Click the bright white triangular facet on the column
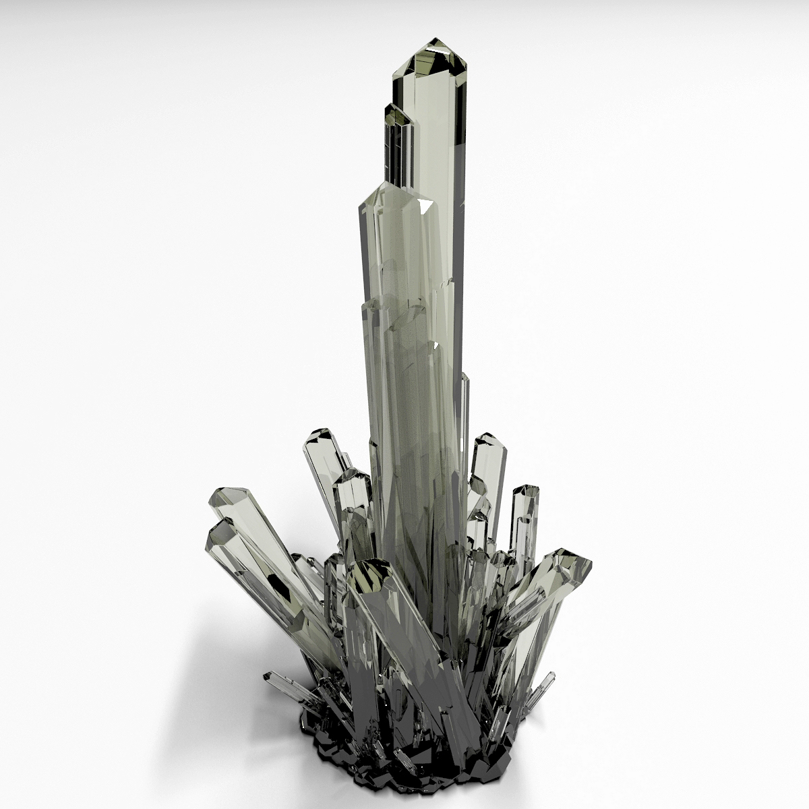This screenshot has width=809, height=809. [426, 206]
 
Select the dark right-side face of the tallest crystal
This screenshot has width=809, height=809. [460, 169]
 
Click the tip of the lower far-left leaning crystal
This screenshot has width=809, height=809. [219, 533]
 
